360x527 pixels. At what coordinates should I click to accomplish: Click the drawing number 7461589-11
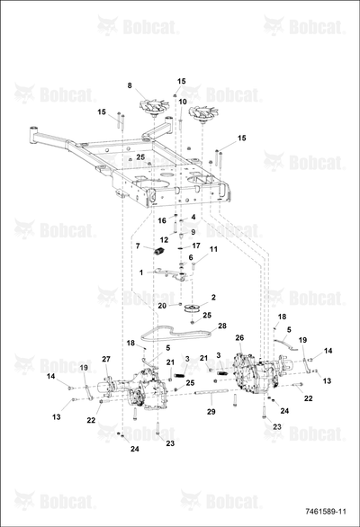click(325, 512)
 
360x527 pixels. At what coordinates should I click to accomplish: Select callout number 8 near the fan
click(130, 85)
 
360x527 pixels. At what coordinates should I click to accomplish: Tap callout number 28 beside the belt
click(222, 326)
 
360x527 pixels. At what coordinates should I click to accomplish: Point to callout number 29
click(211, 412)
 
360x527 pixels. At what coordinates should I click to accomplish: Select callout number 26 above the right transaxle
click(239, 338)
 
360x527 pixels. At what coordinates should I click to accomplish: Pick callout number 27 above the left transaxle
click(106, 359)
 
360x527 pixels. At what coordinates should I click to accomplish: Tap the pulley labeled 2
click(193, 308)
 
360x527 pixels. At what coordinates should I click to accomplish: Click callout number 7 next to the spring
click(138, 246)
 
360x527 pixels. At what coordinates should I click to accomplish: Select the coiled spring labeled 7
click(158, 251)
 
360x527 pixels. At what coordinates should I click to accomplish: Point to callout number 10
click(183, 102)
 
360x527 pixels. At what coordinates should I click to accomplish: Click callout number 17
click(196, 246)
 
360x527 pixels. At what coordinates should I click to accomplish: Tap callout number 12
click(164, 240)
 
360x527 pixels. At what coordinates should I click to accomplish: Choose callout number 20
click(162, 306)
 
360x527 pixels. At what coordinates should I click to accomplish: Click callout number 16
click(162, 220)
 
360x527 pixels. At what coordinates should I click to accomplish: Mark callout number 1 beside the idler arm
click(141, 272)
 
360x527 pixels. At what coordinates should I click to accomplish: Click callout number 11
click(213, 249)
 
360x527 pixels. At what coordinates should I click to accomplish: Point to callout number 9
click(193, 232)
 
